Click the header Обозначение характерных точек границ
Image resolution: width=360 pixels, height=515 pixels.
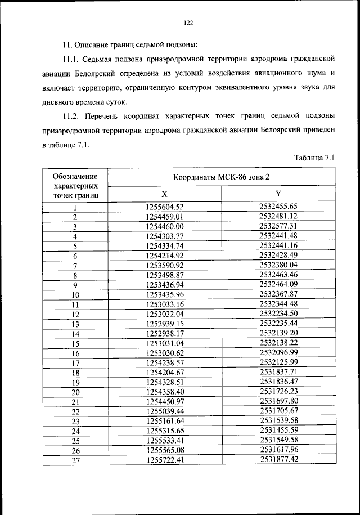(75, 186)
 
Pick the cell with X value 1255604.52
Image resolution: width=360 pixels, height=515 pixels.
(165, 207)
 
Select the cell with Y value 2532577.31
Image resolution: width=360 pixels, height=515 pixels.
(278, 226)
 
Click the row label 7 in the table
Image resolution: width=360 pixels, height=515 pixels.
(75, 265)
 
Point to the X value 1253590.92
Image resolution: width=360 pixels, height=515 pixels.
(165, 265)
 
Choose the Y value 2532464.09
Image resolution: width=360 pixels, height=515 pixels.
(278, 284)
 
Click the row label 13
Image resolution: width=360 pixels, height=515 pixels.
(75, 324)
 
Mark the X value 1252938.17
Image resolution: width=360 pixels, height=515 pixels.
(165, 333)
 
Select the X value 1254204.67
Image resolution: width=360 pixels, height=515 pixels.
(165, 372)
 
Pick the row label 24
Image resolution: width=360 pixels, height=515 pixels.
(75, 431)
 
